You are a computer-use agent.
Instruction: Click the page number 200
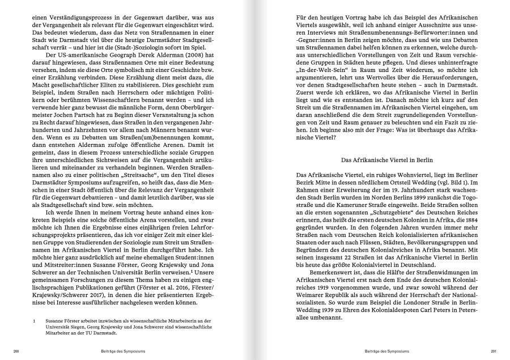click(x=16, y=351)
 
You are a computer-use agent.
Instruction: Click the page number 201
click(x=493, y=351)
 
